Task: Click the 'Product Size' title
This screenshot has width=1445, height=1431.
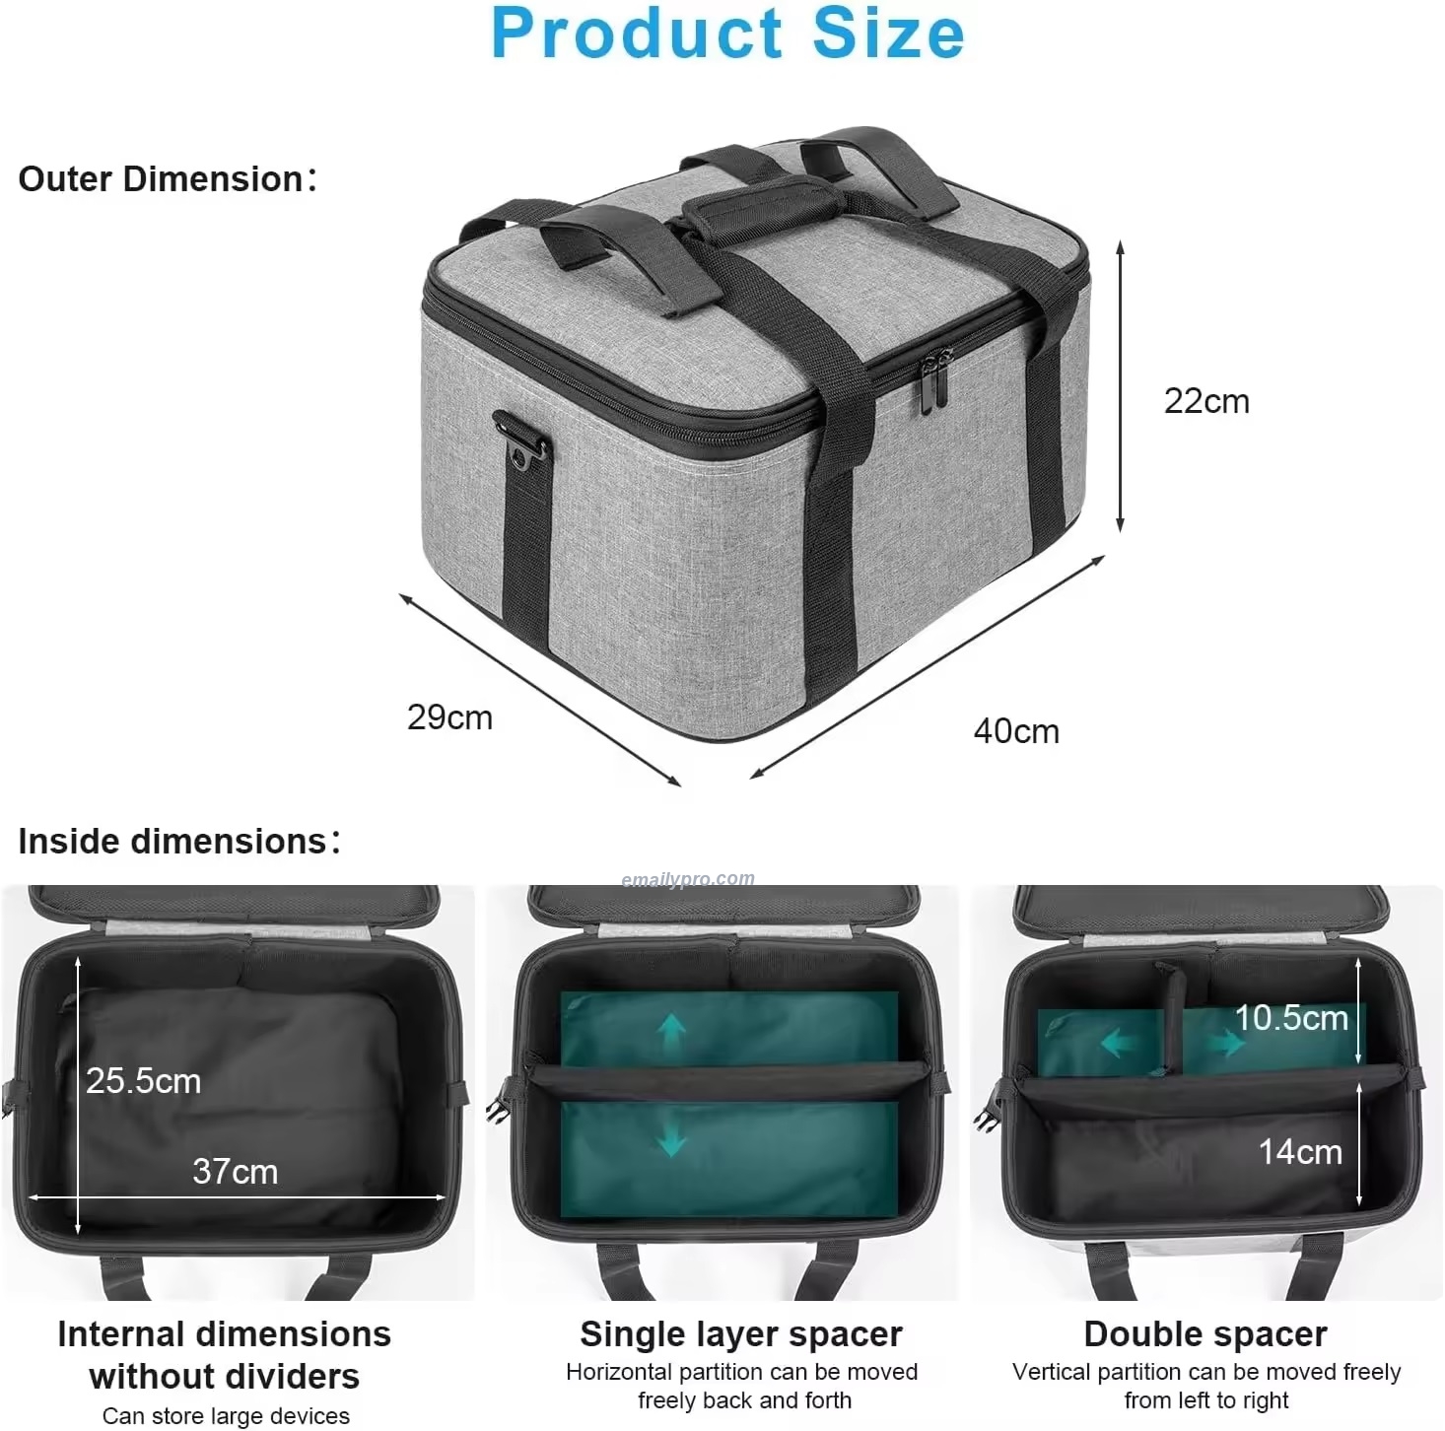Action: pyautogui.click(x=727, y=33)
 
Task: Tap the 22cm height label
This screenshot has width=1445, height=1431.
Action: pyautogui.click(x=1205, y=401)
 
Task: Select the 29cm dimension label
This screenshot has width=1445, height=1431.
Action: pyautogui.click(x=449, y=717)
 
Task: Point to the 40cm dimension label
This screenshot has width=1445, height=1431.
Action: pyautogui.click(x=1016, y=731)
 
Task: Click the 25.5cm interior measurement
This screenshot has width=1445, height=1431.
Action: pyautogui.click(x=143, y=1081)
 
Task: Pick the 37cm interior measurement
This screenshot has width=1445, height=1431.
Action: pyautogui.click(x=235, y=1172)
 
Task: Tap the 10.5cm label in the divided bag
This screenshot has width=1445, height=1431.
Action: pyautogui.click(x=1291, y=1018)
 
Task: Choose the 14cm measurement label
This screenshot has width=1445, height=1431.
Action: pyautogui.click(x=1300, y=1152)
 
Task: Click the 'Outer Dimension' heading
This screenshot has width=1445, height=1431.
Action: pyautogui.click(x=168, y=179)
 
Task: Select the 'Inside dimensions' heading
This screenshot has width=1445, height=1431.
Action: pyautogui.click(x=179, y=842)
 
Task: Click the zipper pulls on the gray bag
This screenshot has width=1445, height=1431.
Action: pyautogui.click(x=933, y=381)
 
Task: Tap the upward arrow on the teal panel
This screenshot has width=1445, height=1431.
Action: pyautogui.click(x=672, y=1033)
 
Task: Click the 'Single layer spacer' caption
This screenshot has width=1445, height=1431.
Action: pyautogui.click(x=741, y=1334)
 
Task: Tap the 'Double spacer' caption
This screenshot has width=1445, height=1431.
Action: pyautogui.click(x=1205, y=1334)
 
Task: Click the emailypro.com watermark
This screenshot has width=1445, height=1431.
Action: pyautogui.click(x=688, y=878)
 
